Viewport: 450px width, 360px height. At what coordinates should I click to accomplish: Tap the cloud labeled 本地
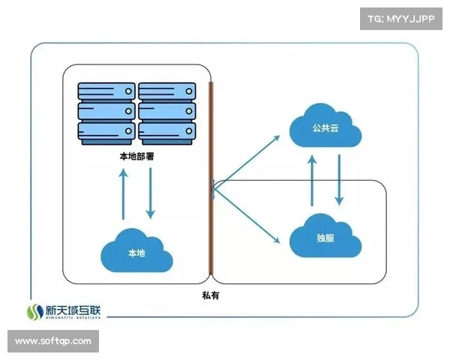point(136,251)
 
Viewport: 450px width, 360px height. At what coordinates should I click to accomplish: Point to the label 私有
point(211,296)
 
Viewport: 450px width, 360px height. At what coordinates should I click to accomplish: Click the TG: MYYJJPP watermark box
point(401,19)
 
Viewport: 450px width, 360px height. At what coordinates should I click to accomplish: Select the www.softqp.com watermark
point(53,341)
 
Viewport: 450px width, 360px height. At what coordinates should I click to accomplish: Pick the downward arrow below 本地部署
point(151,193)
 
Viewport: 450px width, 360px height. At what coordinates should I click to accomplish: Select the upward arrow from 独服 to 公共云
point(312,180)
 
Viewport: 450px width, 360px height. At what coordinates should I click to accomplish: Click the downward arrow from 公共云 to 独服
point(340,180)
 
